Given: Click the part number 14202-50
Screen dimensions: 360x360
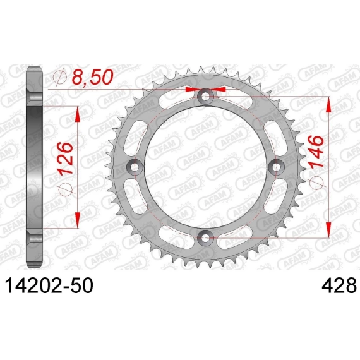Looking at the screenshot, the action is click(49, 285).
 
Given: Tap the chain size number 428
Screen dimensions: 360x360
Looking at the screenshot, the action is click(339, 285).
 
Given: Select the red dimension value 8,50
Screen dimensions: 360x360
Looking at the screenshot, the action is click(93, 77).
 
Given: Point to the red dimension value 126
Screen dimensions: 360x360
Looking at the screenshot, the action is click(66, 159).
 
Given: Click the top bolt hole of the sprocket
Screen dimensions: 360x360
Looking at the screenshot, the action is click(206, 96).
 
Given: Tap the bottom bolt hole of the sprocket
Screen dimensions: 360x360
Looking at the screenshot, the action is click(205, 237).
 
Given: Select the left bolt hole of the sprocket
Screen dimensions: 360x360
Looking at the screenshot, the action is click(135, 167).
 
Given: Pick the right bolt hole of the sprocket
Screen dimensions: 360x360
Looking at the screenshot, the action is click(277, 167).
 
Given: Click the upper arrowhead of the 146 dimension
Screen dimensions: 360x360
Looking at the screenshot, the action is click(329, 105).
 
